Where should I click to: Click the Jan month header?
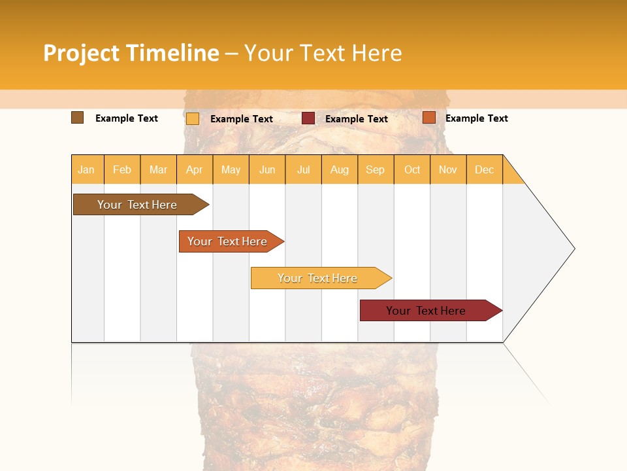pos(87,169)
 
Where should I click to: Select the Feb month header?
pos(122,169)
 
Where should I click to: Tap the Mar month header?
pos(158,169)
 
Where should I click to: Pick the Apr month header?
pos(195,169)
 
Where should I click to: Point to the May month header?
pos(231,169)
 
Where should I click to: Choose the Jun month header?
pos(267,169)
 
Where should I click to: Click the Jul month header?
pos(303,169)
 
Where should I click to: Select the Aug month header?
pos(340,169)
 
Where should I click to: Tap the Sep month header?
pos(376,169)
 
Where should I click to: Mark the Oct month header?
pos(412,169)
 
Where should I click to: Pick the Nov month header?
pos(448,169)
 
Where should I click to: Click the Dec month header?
pos(485,169)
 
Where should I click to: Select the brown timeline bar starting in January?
pos(138,205)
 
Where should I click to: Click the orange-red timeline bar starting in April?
pos(228,241)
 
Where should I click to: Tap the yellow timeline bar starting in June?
pos(318,278)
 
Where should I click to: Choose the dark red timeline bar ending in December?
pos(426,311)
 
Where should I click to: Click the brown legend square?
pos(78,118)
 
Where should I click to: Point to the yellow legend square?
pos(193,118)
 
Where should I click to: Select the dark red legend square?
pos(308,118)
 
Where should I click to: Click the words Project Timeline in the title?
pos(131,53)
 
